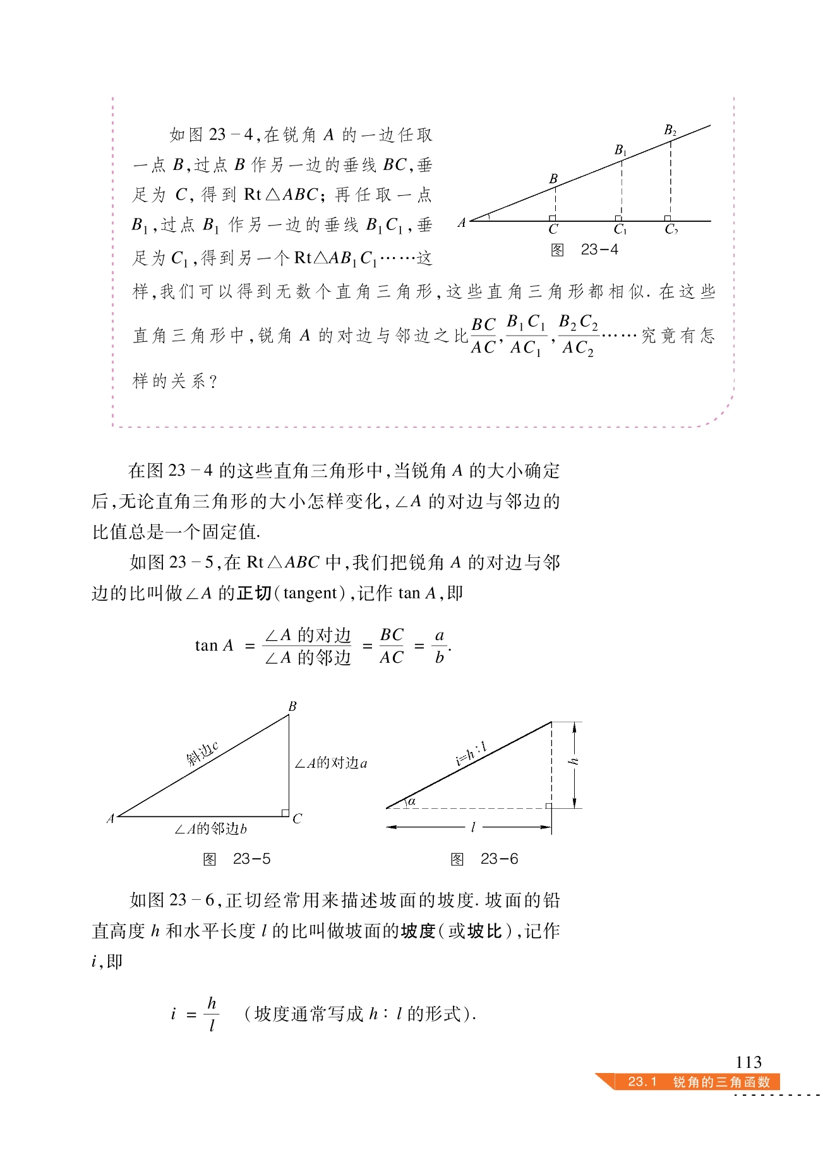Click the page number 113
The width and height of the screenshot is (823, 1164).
point(748,1062)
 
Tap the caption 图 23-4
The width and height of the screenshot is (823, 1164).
point(584,250)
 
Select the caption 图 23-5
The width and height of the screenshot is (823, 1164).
point(237,859)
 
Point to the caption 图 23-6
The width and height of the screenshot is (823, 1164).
point(484,859)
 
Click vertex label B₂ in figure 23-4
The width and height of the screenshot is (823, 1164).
point(670,131)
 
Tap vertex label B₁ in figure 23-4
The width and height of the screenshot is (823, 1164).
point(621,150)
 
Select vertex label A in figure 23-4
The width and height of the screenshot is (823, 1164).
point(462,222)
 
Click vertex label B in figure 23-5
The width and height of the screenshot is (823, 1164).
point(292,706)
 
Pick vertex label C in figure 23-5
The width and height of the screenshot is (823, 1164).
point(297,819)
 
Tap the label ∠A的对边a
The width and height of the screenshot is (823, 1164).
point(331,763)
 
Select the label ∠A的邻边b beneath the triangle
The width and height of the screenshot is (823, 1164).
point(210,829)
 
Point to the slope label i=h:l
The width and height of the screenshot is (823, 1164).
point(471,754)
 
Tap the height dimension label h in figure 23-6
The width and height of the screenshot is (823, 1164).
point(574,761)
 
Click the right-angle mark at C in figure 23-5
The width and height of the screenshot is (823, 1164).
point(285,813)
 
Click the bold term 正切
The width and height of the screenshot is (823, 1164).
point(254,593)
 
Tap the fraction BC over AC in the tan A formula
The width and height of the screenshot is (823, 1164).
point(392,646)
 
